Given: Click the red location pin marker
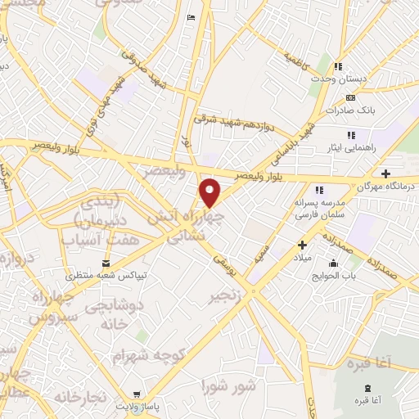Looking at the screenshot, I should tap(210, 192).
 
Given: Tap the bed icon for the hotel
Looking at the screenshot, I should tap(191, 18).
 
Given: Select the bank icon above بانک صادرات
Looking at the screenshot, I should tap(350, 97).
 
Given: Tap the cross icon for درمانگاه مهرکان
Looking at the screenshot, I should tap(386, 173).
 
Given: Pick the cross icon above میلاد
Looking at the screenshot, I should tap(302, 244).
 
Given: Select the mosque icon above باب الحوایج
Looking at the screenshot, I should tap(333, 264).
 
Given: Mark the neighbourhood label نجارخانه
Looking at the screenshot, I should tap(80, 398).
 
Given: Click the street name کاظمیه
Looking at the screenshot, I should tap(295, 58).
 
